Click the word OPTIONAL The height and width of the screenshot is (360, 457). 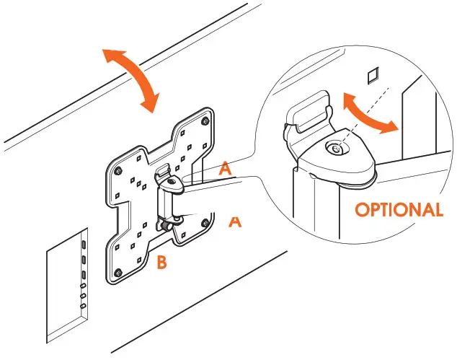pos(399,210)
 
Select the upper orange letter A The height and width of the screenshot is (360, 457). pos(226,170)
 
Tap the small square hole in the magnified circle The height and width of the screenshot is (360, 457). pos(372,75)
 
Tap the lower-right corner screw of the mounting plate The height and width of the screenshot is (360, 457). pos(207,223)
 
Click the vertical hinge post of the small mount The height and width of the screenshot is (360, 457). pos(165,205)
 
